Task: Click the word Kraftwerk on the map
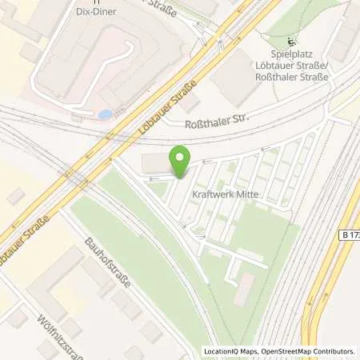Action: click(x=208, y=193)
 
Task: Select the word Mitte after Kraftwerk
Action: click(x=243, y=193)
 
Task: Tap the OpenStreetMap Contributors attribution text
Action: click(x=308, y=351)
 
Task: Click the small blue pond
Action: click(x=105, y=114)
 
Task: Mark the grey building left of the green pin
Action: click(x=157, y=162)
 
